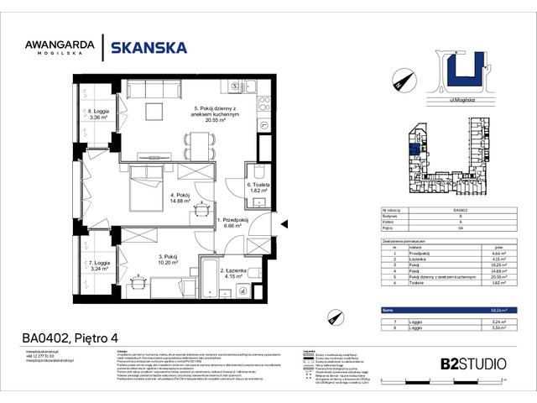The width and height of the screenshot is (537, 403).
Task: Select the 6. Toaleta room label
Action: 257,188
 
